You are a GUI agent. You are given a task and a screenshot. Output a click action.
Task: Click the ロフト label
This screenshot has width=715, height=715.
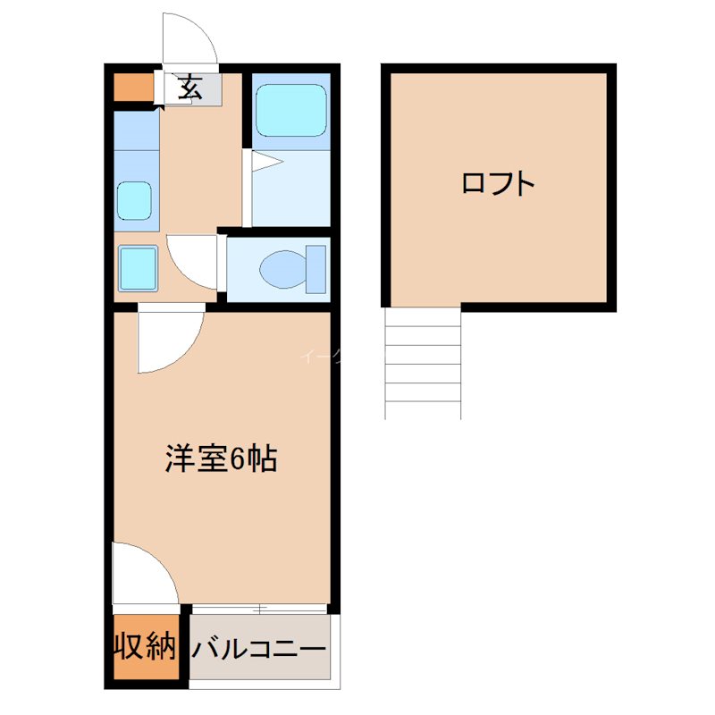point(498,184)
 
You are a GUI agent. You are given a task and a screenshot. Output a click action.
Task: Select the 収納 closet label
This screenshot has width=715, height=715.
point(144,646)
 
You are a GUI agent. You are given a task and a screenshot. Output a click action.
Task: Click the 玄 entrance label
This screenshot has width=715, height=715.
point(189,88)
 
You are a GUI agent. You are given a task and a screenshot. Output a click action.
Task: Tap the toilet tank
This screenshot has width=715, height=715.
point(316,267)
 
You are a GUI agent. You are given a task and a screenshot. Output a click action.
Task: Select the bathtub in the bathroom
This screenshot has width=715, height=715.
point(291,111)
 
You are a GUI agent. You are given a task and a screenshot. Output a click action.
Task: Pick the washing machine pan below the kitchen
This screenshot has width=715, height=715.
point(138,266)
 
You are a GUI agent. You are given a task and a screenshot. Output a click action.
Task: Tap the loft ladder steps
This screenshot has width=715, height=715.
point(423,362)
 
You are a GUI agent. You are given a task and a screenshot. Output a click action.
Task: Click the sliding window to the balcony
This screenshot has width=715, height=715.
point(259,609)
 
